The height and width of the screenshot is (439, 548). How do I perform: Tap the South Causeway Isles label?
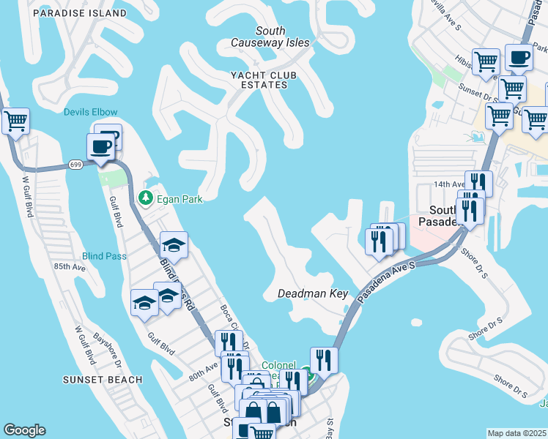270,37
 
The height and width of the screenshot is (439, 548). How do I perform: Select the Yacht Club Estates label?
259,80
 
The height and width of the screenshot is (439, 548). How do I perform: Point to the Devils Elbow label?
90,112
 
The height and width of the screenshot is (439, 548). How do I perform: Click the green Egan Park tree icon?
146,198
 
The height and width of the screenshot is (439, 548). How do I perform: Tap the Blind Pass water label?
104,256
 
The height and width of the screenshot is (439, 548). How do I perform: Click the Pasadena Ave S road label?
386,283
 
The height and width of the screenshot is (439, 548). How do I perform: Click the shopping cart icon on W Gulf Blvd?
15,121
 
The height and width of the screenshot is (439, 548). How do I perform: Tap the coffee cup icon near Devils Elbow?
101,146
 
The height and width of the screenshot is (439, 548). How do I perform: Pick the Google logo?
24,430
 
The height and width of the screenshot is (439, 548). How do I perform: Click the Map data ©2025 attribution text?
516,433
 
